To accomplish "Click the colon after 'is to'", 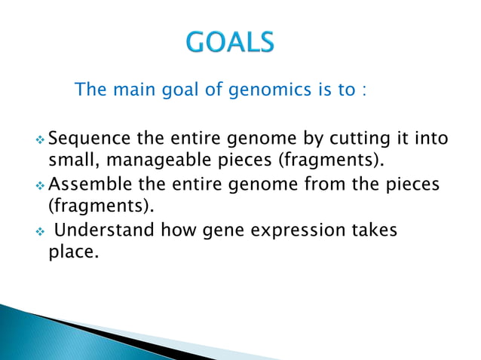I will [x=364, y=92].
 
